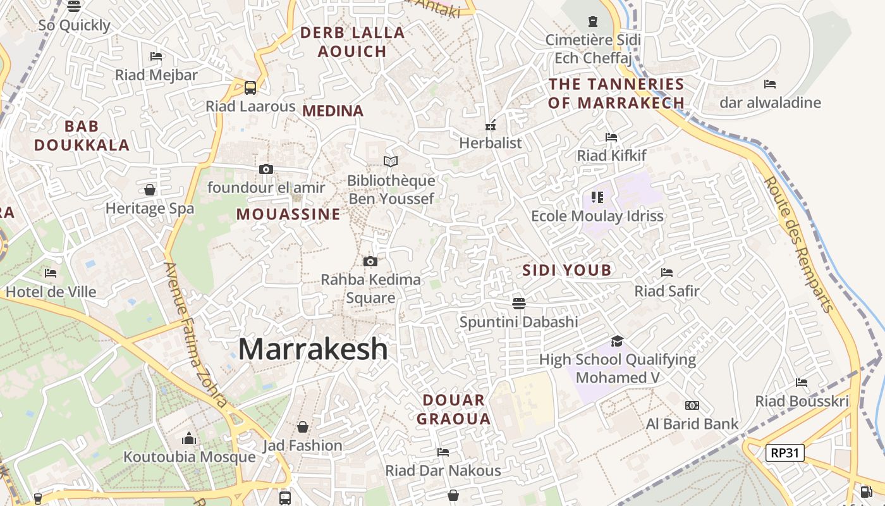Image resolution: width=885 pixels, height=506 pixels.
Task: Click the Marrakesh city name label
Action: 313,349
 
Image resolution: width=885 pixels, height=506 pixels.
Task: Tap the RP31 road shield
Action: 784,452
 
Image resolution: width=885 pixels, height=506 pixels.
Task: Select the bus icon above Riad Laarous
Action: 250,87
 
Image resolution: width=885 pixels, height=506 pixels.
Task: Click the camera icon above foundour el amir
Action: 266,169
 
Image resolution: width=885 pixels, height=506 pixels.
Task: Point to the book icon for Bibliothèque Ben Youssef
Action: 391,162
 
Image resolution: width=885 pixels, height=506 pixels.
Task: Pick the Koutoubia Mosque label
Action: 190,457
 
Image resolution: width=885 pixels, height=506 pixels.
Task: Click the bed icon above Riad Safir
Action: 667,273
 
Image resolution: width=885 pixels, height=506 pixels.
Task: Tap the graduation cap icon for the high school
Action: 617,341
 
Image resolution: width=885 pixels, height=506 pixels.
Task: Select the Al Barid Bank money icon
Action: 692,405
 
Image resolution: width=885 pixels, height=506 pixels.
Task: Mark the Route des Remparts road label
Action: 798,244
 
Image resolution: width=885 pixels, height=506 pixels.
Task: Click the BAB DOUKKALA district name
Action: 82,136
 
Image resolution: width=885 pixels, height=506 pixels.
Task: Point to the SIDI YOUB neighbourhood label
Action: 567,271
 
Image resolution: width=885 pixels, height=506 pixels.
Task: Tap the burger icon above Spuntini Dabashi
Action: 519,303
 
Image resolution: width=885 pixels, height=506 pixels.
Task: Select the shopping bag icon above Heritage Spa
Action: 150,190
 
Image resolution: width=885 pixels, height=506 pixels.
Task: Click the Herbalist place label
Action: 491,143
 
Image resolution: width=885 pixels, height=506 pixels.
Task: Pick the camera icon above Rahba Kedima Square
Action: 370,261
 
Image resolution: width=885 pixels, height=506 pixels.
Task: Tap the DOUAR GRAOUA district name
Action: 454,409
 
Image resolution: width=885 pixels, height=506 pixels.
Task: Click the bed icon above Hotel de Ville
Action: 51,273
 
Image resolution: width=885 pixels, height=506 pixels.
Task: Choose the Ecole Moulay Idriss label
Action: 597,216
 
